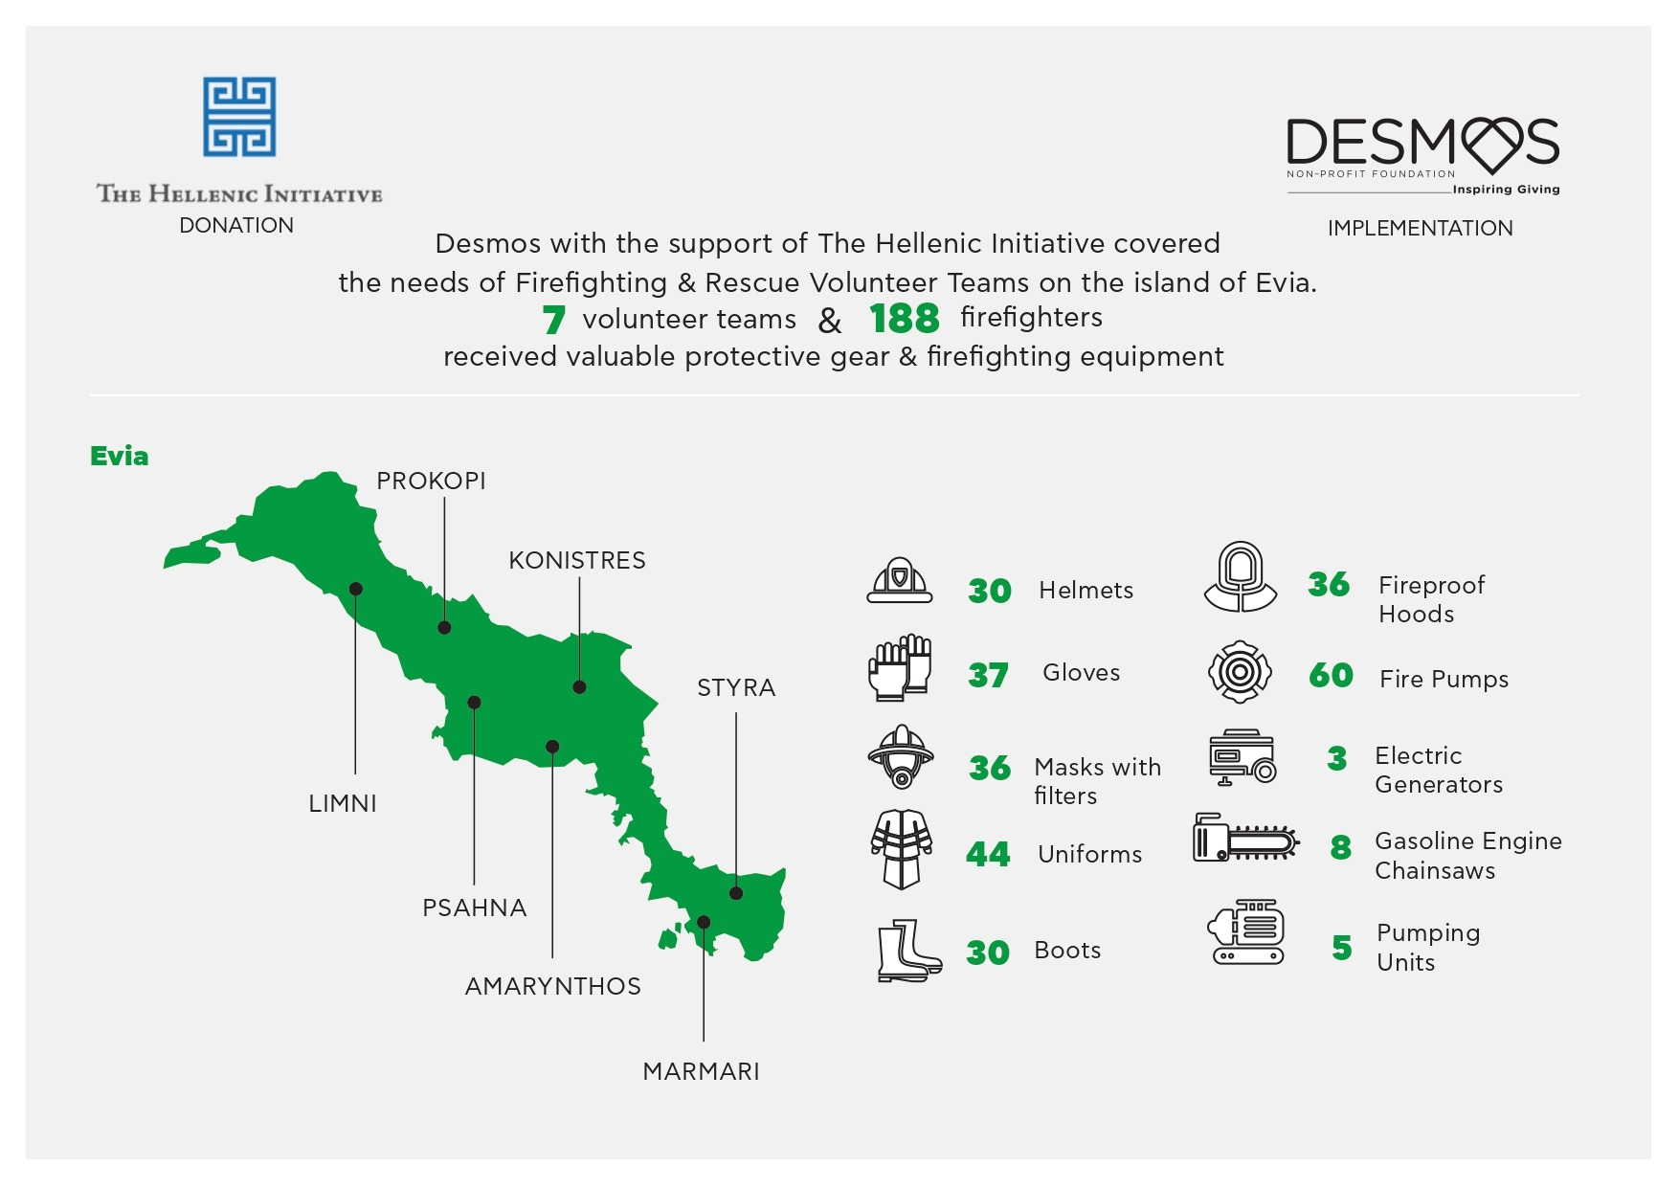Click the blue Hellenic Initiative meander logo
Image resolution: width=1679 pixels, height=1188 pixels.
239,117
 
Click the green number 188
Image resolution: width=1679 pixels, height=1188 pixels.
905,319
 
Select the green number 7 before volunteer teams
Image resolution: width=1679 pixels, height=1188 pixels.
553,320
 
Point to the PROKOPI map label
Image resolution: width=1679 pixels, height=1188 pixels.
431,481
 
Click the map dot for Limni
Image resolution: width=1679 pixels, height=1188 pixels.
356,589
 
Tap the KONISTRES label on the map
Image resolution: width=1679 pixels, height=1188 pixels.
577,560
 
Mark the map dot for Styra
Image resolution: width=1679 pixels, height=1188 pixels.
736,893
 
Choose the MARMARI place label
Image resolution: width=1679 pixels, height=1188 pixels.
701,1071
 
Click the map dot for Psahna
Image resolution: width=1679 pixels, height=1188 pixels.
474,703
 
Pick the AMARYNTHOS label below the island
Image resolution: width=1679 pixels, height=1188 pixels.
553,986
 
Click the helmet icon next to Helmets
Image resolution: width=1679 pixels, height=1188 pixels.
900,580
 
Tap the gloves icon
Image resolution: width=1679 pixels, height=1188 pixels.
900,667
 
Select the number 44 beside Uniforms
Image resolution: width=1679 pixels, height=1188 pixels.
988,854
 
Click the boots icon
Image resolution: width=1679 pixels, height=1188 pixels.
908,951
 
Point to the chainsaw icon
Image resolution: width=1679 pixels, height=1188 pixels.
1245,839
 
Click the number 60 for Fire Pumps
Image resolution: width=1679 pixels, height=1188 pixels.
1331,676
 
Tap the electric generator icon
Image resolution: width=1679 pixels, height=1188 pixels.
1242,757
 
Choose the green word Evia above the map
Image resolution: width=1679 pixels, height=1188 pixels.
120,456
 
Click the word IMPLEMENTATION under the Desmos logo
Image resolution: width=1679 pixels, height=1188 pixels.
1421,228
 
